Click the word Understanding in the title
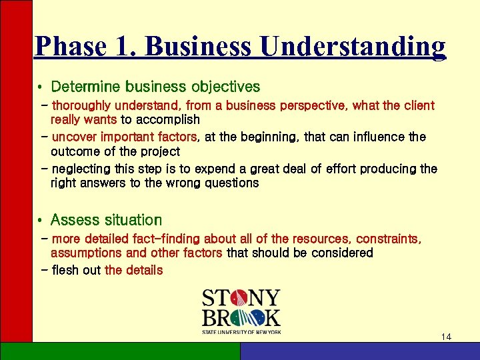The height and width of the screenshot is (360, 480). (353, 47)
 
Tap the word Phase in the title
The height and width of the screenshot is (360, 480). (69, 47)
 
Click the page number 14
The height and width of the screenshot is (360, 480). (446, 337)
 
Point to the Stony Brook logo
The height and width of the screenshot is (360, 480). (241, 311)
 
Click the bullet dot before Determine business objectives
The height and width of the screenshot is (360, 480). (41, 87)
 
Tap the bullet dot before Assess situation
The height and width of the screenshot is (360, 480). (41, 221)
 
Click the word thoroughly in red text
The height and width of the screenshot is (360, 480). (82, 105)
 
